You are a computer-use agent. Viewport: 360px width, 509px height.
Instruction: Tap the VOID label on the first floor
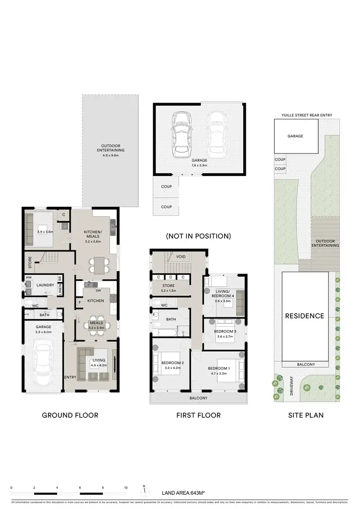tap(180, 257)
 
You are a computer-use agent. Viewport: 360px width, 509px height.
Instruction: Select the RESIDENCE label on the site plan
tap(305, 316)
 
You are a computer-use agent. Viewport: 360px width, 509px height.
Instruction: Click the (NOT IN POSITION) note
tap(198, 236)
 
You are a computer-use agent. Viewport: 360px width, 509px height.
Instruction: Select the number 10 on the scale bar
tap(126, 488)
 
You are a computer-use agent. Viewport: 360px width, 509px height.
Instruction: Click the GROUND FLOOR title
tap(70, 415)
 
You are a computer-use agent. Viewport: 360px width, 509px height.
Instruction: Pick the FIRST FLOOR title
tap(198, 415)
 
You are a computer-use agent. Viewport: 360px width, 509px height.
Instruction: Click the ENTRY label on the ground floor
tap(70, 377)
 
